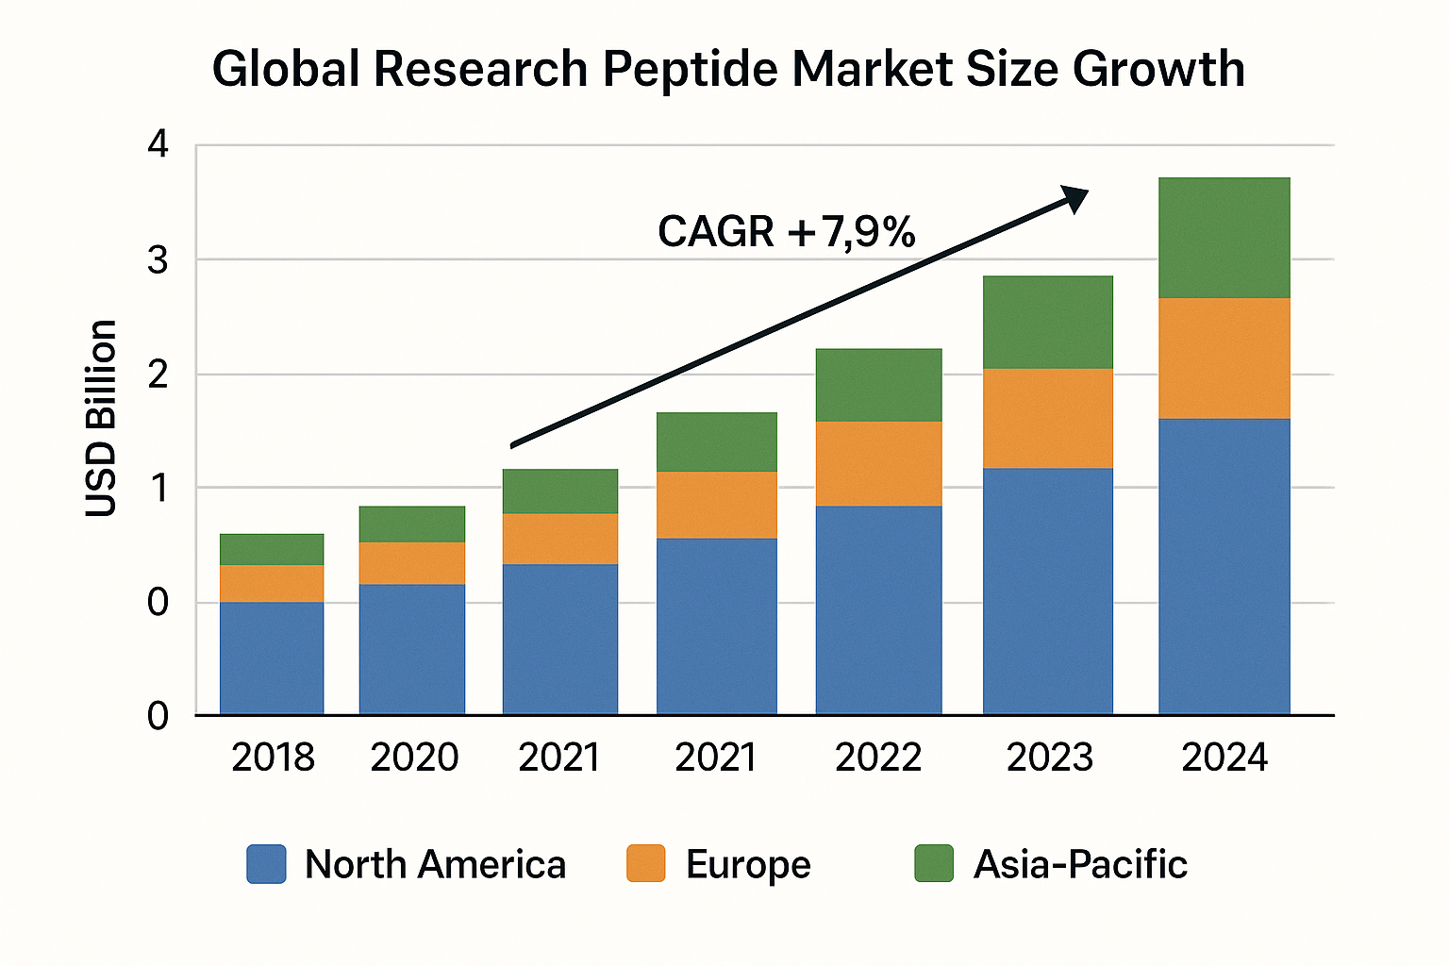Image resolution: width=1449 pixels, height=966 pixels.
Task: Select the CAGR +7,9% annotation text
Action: [786, 232]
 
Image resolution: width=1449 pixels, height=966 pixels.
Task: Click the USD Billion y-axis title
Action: [101, 418]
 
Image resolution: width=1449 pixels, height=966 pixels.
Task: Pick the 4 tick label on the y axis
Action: [158, 145]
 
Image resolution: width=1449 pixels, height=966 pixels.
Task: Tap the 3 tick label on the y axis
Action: [158, 259]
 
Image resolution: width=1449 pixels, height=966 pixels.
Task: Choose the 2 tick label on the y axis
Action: [158, 375]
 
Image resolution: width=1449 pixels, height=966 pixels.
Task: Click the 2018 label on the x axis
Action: [273, 758]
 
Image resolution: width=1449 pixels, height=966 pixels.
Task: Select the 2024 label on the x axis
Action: [1224, 758]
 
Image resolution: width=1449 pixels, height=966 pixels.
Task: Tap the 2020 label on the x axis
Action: [414, 758]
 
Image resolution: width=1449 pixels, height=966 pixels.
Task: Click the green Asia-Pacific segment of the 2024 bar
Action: [1224, 238]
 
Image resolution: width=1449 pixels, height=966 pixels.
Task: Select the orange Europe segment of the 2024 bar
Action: [1224, 358]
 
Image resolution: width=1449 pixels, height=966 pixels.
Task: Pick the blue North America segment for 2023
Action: [1047, 591]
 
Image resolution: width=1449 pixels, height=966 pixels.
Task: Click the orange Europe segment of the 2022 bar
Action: [878, 464]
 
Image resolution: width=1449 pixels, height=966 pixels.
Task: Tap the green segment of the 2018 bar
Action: [272, 549]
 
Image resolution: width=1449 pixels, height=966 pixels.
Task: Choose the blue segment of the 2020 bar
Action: [412, 649]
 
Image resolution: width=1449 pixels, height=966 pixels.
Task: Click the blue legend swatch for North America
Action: [266, 864]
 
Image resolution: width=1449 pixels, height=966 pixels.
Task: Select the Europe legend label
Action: [748, 864]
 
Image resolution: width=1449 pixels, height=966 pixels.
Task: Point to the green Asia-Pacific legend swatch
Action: [933, 864]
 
